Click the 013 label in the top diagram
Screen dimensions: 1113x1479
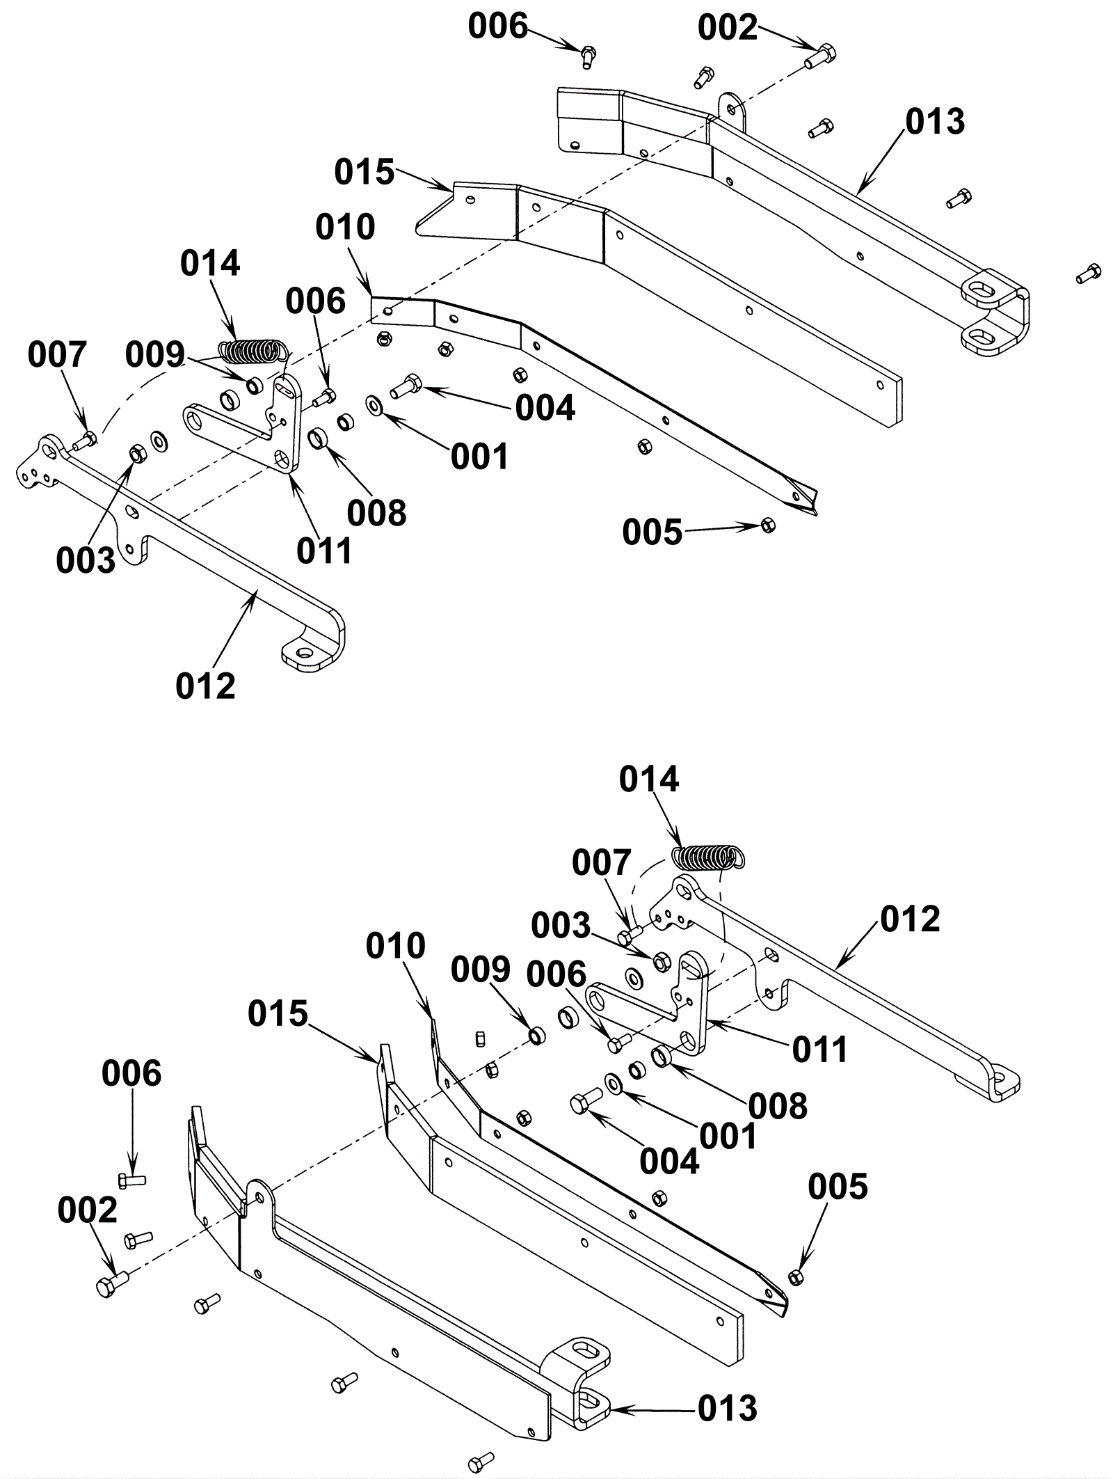935,121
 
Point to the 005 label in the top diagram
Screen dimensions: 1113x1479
652,532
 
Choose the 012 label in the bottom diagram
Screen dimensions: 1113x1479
911,919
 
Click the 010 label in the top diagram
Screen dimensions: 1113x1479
345,227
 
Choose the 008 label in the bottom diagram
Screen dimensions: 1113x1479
778,1106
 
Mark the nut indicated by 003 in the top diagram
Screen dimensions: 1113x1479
136,454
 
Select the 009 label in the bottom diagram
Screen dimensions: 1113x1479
481,970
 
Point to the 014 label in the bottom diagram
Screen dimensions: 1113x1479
649,780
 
